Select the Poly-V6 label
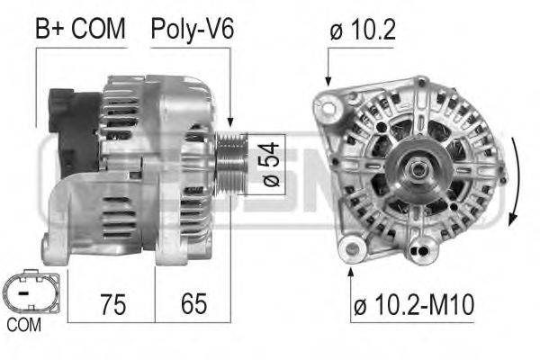192,29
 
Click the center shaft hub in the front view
418,168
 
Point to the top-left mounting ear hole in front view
328,110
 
